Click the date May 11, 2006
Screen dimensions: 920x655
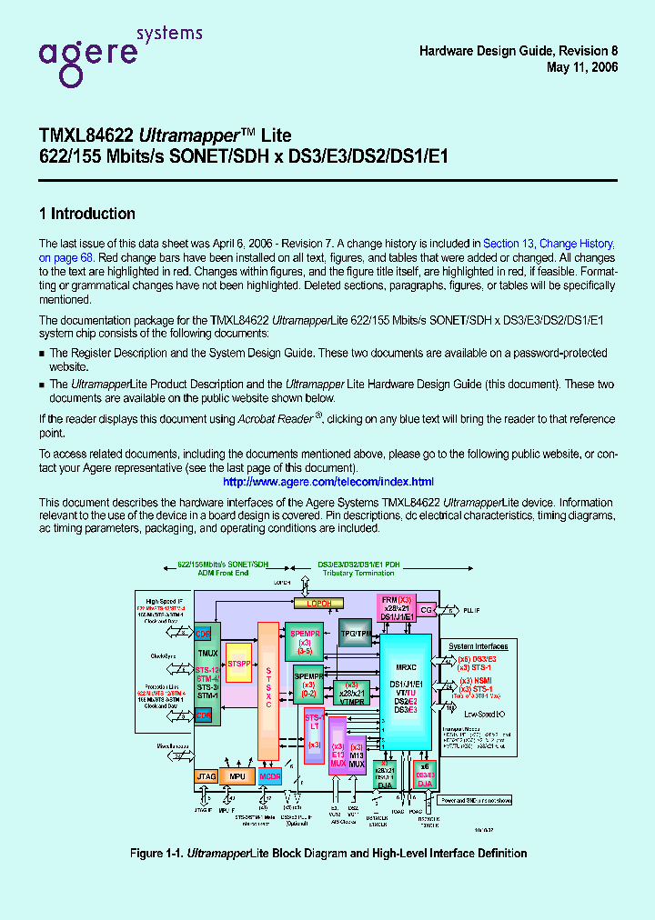pos(582,68)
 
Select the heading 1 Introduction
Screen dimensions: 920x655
pos(86,215)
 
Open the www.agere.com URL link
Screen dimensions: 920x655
pos(327,482)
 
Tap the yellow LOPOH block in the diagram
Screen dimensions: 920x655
pos(318,604)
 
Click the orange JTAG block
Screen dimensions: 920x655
pos(206,776)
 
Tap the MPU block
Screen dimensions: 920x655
pos(237,776)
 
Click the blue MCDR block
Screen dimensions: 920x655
pos(269,776)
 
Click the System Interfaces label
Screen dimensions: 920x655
pos(479,646)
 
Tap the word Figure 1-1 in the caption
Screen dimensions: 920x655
pos(156,853)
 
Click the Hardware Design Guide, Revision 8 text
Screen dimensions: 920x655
pos(519,52)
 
